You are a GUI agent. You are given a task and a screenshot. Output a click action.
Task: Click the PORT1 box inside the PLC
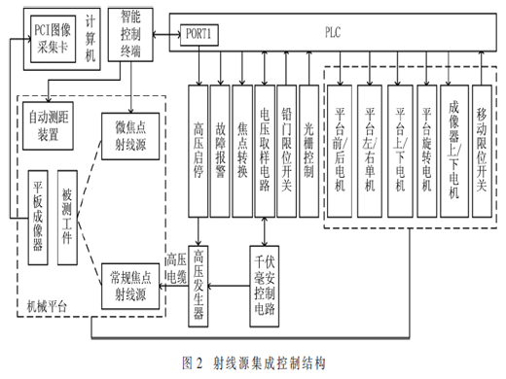[199, 35]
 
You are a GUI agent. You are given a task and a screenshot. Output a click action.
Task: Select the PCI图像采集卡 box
[54, 39]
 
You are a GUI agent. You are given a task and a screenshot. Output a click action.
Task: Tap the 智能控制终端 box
[130, 35]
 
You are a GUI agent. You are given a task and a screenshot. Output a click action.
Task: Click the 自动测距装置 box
[48, 125]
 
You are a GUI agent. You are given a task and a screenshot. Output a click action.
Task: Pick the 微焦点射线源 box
[130, 136]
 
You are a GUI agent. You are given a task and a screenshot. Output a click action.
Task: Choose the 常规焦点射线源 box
[130, 287]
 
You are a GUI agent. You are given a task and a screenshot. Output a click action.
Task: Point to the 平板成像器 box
[38, 218]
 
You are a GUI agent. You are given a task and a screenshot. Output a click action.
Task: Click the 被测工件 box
[67, 218]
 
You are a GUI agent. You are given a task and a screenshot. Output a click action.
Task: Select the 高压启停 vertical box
[199, 152]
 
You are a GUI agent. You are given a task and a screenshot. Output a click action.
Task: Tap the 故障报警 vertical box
[220, 152]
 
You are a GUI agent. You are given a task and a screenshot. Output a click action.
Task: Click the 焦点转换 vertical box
[242, 152]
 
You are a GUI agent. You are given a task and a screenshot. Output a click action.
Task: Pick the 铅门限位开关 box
[286, 152]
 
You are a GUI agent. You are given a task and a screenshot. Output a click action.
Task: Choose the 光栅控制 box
[308, 152]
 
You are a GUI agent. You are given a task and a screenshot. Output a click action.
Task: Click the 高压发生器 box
[199, 286]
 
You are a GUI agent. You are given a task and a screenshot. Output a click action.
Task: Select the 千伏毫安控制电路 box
[265, 286]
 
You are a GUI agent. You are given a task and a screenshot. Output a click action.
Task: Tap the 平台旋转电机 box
[426, 152]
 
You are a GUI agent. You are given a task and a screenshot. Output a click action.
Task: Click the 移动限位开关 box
[482, 152]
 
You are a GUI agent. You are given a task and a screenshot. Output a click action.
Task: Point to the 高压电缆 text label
[176, 268]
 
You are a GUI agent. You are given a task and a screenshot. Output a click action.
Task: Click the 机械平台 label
[47, 306]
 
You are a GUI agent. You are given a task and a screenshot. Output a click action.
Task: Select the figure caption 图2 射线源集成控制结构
[254, 362]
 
